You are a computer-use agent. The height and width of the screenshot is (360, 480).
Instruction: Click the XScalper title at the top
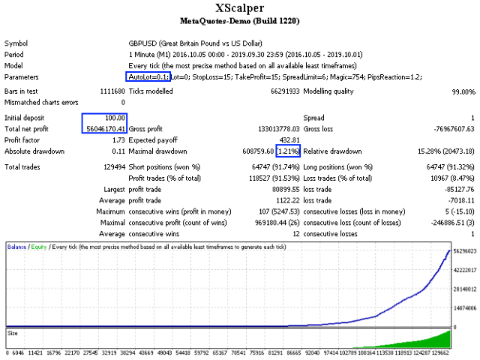[x=239, y=9]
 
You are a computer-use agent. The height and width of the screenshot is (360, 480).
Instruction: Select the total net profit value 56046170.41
[x=104, y=129]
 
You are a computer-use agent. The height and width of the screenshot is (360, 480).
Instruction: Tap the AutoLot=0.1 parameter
[x=148, y=77]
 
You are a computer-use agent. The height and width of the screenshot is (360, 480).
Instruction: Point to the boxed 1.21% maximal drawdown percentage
[x=289, y=151]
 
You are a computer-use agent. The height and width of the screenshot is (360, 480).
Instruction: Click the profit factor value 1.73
[x=118, y=140]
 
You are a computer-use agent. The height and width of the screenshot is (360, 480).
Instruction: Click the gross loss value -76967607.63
[x=448, y=129]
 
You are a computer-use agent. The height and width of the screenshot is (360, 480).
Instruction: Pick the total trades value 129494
[x=112, y=166]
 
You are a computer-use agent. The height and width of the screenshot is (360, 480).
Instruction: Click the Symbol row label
[x=16, y=43]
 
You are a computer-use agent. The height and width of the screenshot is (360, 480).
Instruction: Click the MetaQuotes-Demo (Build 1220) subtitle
[x=239, y=23]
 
